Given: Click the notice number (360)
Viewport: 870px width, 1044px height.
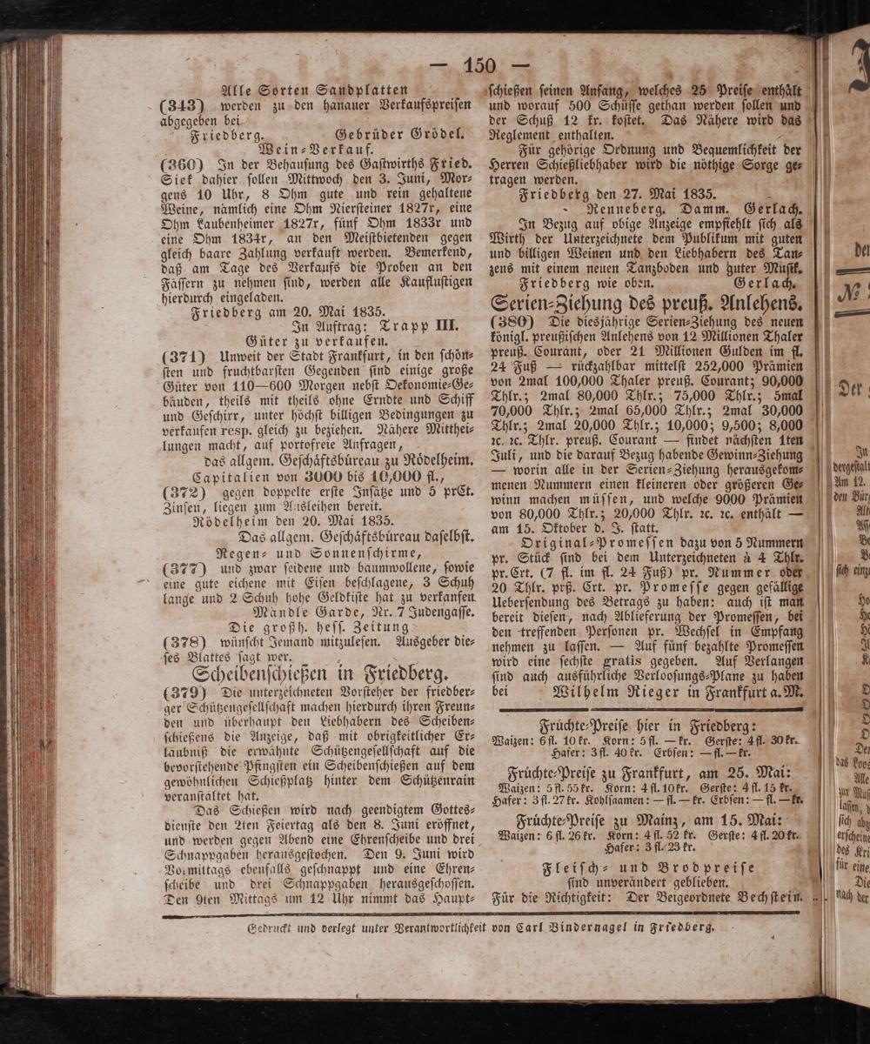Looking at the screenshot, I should coord(182,164).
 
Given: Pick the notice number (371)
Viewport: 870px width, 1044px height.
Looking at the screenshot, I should coord(183,358).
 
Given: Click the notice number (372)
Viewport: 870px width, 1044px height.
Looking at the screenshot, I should coord(183,492).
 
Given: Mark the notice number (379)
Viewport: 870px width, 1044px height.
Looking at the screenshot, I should coord(183,693).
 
